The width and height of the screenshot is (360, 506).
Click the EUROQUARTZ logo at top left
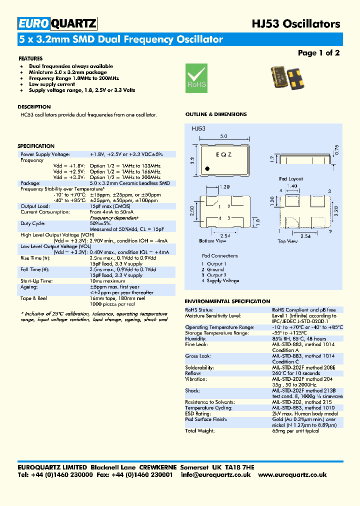click(57, 23)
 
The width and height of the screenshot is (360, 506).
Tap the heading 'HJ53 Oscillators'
click(295, 23)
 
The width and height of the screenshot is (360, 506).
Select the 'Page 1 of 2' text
click(318, 53)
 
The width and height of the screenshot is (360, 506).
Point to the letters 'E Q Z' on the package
click(223, 155)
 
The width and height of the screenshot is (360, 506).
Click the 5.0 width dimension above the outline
click(223, 136)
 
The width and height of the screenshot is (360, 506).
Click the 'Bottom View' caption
click(213, 241)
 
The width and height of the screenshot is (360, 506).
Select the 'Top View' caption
click(287, 241)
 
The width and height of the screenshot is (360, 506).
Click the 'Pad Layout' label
click(291, 178)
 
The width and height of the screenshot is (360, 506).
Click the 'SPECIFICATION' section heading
click(36, 146)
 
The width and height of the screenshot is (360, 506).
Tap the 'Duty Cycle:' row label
click(33, 223)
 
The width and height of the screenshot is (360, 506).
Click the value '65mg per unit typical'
click(295, 430)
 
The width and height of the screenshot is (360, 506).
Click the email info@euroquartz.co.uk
click(215, 474)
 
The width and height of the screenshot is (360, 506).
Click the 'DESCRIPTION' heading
click(34, 107)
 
